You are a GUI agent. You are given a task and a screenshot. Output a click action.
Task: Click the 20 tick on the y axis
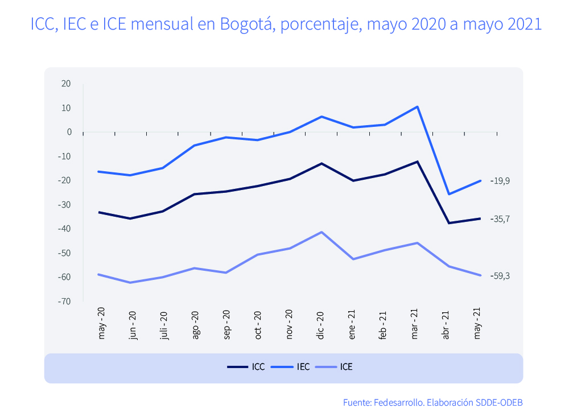click(67, 84)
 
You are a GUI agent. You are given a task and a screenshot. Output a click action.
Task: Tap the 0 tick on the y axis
click(69, 132)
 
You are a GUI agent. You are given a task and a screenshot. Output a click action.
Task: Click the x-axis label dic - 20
click(320, 325)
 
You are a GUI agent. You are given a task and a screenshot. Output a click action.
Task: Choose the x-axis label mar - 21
click(415, 325)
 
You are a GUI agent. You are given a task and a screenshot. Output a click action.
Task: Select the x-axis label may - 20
click(102, 325)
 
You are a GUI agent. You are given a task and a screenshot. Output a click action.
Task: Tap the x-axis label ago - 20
click(195, 325)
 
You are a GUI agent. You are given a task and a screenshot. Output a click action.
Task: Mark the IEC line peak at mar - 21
click(418, 107)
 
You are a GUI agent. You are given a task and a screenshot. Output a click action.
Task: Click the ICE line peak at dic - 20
click(321, 232)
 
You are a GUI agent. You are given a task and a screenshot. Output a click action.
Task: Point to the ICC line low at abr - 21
click(450, 223)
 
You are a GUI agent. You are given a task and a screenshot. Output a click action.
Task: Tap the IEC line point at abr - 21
click(450, 194)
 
